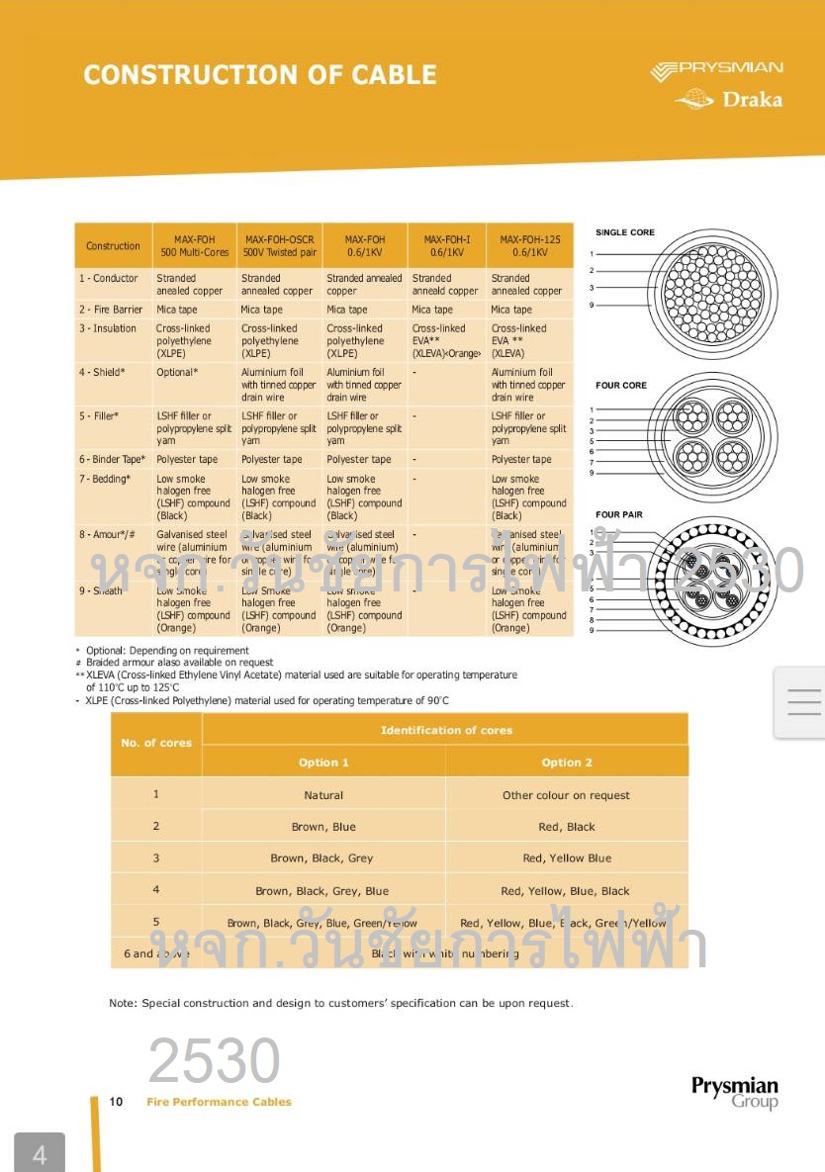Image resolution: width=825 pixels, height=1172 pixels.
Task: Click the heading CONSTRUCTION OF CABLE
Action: [260, 75]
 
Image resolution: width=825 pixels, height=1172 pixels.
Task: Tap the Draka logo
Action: [729, 99]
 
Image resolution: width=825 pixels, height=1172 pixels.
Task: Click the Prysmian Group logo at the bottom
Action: [734, 1092]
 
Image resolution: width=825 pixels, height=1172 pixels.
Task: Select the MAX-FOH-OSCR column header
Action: [279, 245]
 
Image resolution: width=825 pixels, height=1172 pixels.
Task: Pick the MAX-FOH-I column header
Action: [447, 245]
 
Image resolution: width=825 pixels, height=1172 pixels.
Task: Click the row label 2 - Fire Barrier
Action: [111, 310]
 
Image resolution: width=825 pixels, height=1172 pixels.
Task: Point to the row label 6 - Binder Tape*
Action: [112, 459]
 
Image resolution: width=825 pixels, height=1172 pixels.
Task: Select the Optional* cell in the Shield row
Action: [177, 372]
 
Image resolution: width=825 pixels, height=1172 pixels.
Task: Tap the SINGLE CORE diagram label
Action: [624, 232]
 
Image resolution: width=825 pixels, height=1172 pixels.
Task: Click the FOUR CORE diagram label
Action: [621, 385]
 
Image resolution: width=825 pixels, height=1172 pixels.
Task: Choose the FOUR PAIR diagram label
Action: [620, 514]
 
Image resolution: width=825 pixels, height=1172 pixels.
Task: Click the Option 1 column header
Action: [323, 763]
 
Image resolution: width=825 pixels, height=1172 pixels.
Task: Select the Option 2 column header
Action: [567, 763]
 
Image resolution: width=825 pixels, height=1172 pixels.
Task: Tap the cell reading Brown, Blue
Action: [323, 827]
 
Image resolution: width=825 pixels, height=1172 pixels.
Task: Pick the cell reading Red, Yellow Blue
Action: [567, 858]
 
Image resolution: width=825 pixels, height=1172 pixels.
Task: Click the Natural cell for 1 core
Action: [323, 795]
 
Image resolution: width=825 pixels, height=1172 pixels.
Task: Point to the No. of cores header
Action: [156, 743]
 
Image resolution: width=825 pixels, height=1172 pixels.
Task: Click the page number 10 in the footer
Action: [116, 1102]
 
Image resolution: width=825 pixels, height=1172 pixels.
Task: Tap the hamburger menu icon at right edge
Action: [803, 701]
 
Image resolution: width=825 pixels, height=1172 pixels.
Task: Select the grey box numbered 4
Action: [40, 1154]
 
